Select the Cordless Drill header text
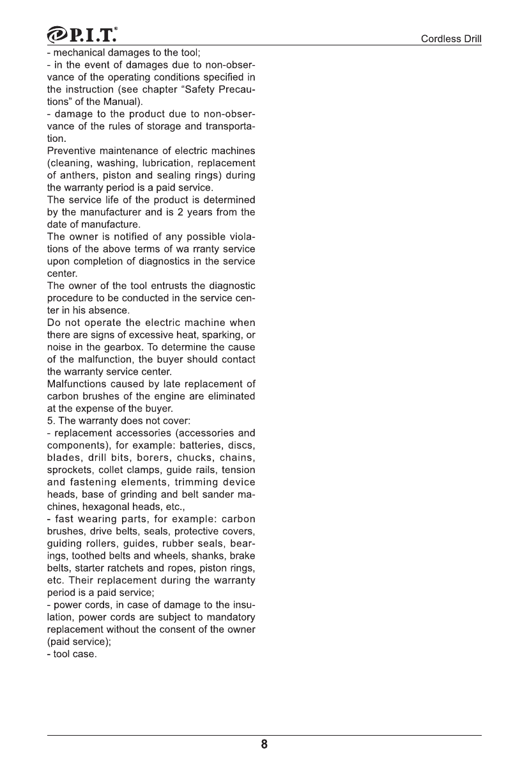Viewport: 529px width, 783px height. click(x=450, y=39)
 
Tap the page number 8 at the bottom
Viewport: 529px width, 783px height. click(x=264, y=745)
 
